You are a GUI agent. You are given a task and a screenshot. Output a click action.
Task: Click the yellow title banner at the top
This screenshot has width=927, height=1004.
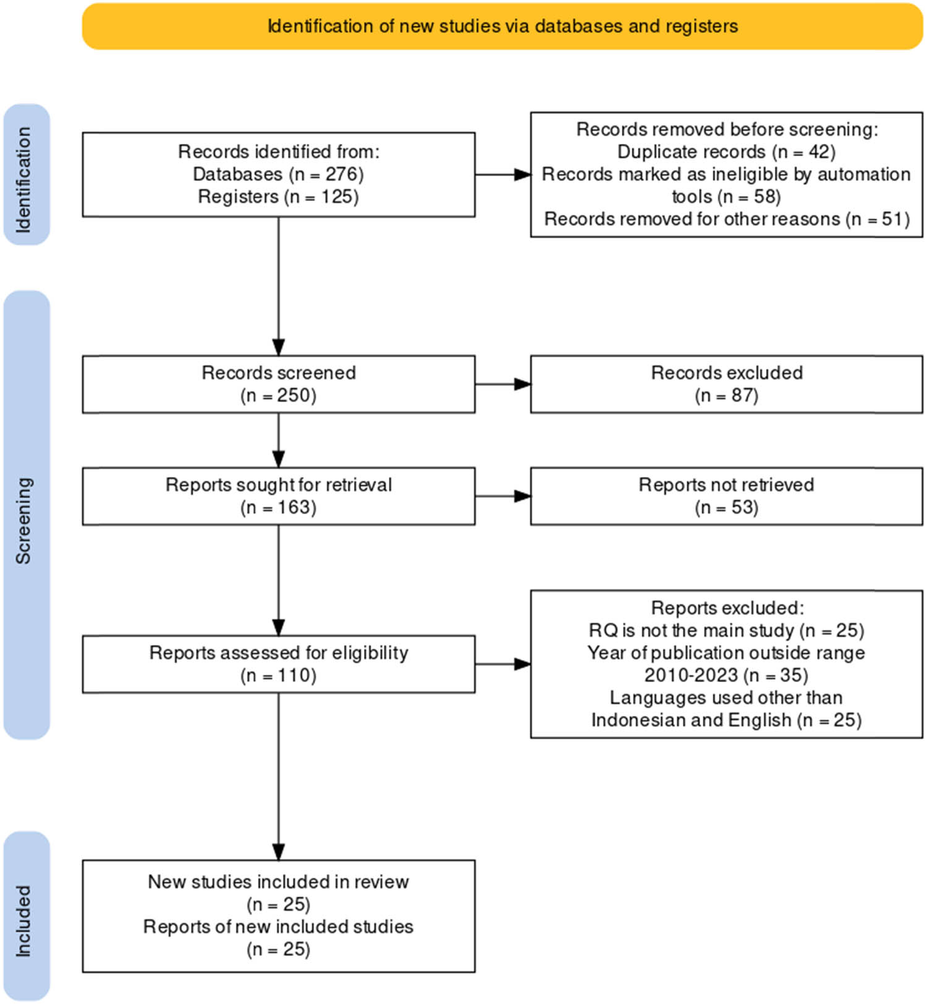(502, 26)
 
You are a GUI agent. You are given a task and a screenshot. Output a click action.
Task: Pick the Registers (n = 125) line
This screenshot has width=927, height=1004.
(278, 196)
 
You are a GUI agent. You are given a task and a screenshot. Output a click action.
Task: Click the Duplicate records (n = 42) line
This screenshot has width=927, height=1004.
(726, 152)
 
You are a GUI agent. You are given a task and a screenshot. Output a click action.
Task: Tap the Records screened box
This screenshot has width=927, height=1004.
(278, 384)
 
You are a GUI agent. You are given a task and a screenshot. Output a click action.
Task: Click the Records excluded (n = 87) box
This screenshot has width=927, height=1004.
(726, 384)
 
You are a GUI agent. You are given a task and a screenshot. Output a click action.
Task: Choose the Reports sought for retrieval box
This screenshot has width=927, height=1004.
(278, 496)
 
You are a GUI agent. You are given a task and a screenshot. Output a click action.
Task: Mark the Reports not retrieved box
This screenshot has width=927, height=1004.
(726, 496)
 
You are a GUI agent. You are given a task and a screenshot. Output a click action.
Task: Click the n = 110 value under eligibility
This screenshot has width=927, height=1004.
(278, 675)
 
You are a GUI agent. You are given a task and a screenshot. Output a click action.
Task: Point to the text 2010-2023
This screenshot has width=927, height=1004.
(691, 675)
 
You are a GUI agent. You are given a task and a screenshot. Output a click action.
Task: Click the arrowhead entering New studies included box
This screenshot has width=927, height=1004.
(279, 853)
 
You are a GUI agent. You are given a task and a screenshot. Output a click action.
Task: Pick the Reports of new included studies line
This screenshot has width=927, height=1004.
(278, 927)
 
